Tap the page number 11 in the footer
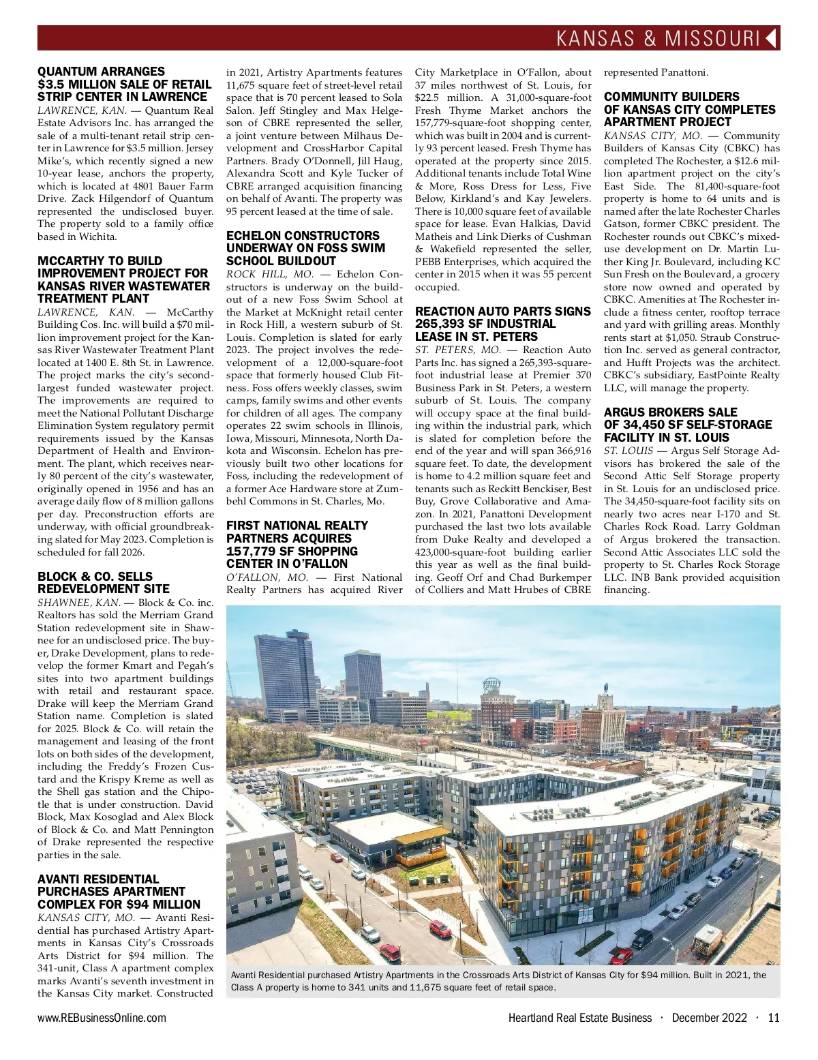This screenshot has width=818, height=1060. [x=773, y=1018]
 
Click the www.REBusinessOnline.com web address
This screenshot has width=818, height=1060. [x=102, y=1018]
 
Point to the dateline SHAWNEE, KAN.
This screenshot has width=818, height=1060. [x=78, y=603]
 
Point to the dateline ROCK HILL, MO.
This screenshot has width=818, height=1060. [x=269, y=274]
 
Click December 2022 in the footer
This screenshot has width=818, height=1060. [x=710, y=1018]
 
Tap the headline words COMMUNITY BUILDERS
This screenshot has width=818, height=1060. [x=671, y=97]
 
